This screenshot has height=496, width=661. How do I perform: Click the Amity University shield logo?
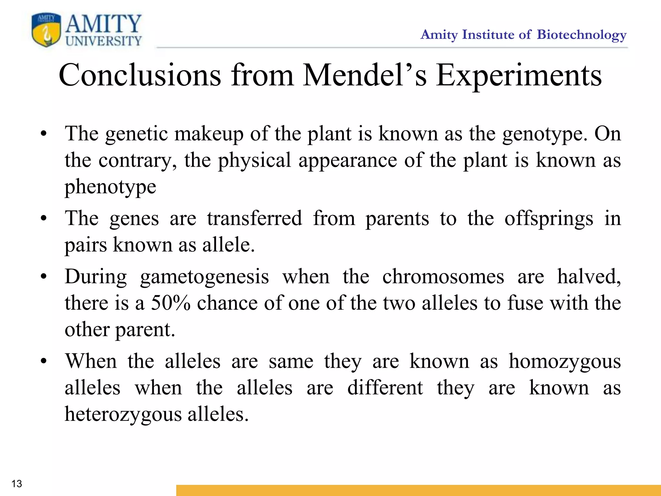click(x=46, y=30)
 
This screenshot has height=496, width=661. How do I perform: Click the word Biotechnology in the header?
click(x=582, y=35)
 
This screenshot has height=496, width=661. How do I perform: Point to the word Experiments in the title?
click(x=519, y=76)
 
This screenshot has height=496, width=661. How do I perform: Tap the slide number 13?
click(x=16, y=483)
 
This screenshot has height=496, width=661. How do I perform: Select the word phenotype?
click(x=110, y=187)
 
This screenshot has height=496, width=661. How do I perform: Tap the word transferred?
click(x=255, y=218)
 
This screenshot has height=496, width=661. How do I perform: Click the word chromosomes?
click(x=443, y=277)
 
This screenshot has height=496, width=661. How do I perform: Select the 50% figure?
click(x=171, y=303)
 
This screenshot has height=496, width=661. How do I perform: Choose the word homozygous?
click(x=565, y=362)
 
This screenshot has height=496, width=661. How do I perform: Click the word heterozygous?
click(x=123, y=415)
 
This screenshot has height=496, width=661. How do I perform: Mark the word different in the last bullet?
click(x=385, y=388)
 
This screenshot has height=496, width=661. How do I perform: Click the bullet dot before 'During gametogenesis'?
click(x=44, y=277)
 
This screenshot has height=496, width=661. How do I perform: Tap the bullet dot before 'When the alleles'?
click(x=44, y=361)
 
